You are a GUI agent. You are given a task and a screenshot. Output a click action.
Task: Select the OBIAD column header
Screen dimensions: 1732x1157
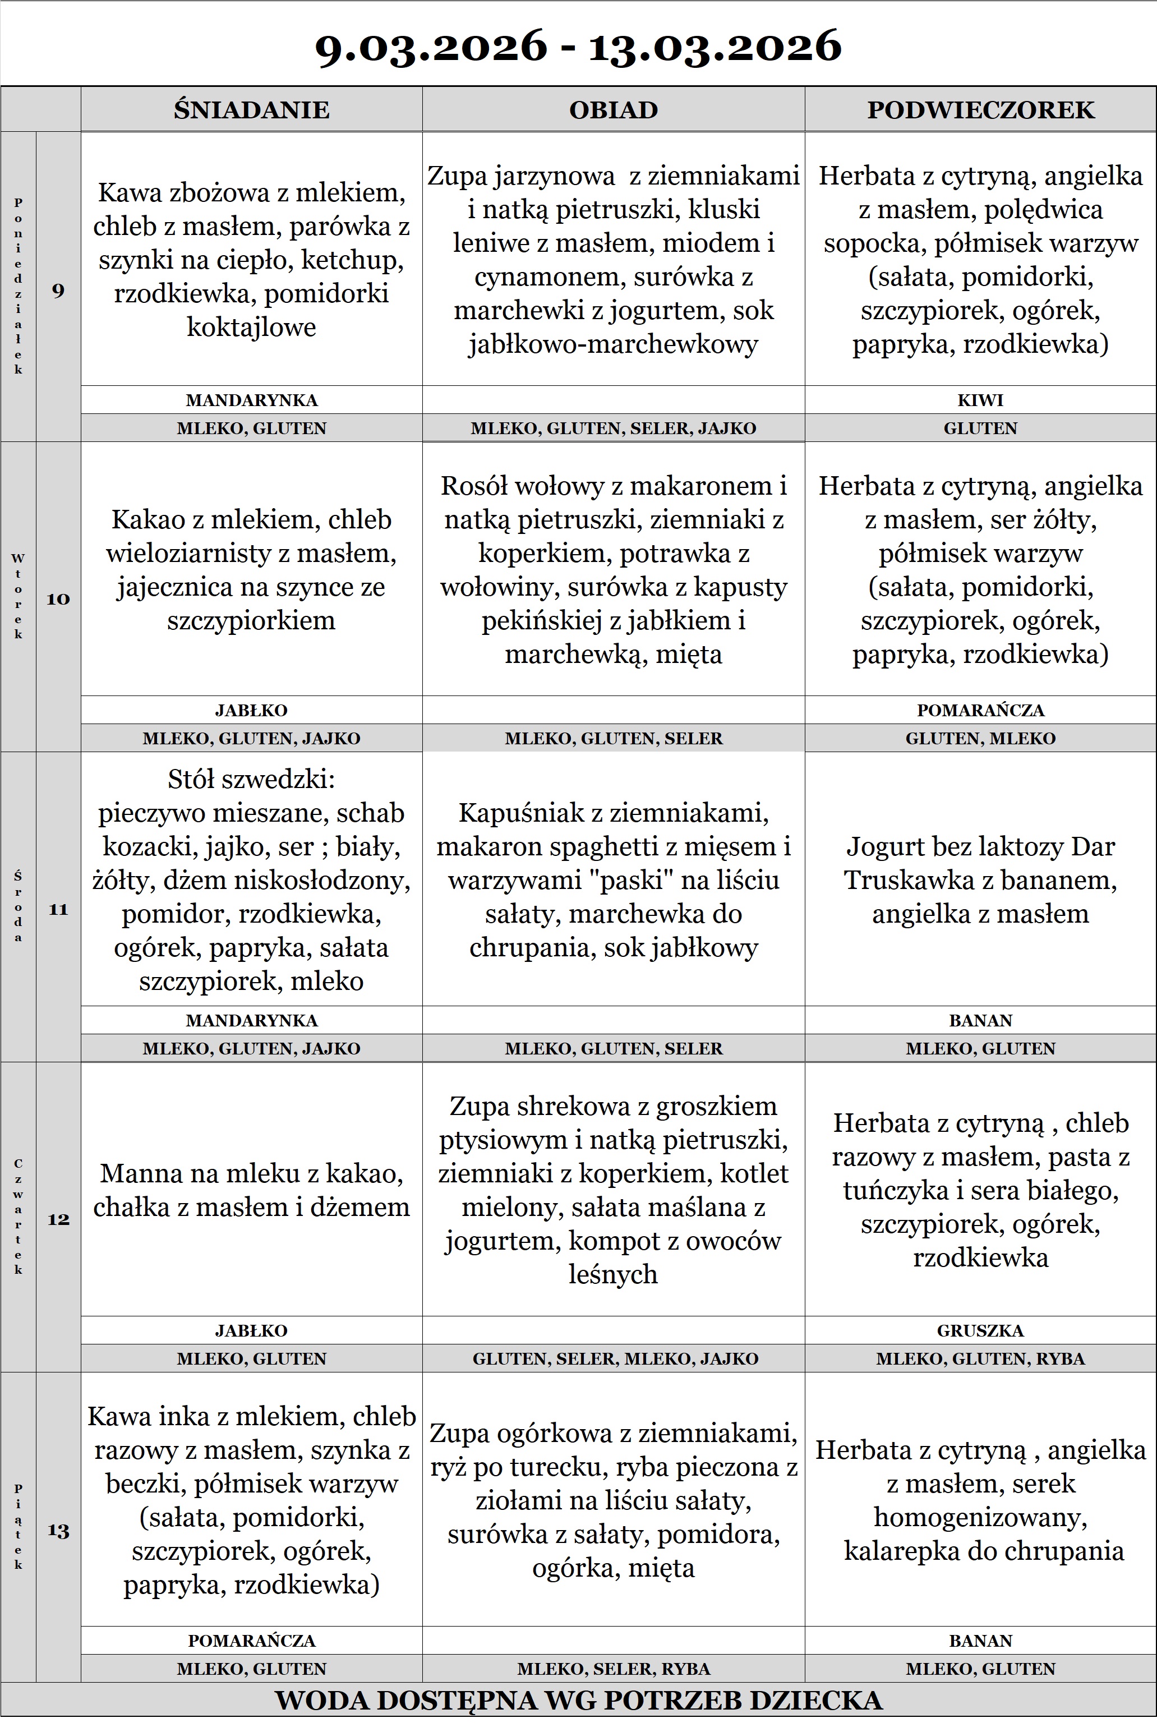(613, 109)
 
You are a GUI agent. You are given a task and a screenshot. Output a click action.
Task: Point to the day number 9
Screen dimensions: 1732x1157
(58, 290)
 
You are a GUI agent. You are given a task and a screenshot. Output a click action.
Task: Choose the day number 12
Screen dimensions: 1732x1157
(58, 1219)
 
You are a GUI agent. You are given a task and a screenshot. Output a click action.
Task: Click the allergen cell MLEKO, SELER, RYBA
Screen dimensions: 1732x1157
(613, 1669)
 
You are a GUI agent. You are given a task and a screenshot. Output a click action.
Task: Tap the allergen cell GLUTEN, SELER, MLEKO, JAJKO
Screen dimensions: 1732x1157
(615, 1358)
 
